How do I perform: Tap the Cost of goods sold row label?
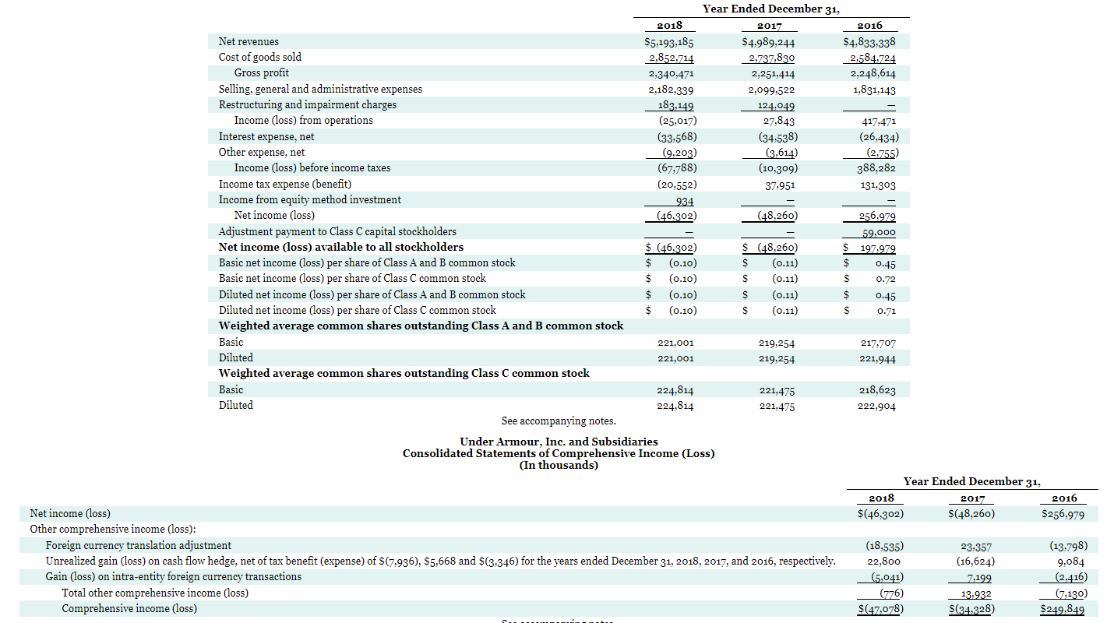tap(259, 58)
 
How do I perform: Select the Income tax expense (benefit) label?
tap(284, 185)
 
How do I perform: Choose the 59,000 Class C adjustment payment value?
tap(879, 233)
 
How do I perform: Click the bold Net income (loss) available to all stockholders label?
tap(340, 248)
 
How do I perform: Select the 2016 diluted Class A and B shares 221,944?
tap(878, 359)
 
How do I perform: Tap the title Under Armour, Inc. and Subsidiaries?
tap(558, 442)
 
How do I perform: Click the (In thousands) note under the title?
tap(558, 466)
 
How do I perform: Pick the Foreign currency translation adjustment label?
tap(138, 546)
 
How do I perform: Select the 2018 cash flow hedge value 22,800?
tap(883, 561)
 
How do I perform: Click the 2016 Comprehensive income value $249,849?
tap(1063, 610)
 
